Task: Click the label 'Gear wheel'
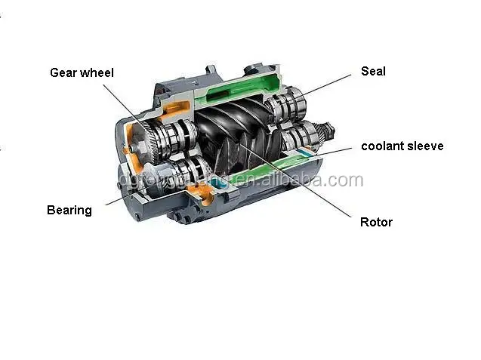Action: click(x=82, y=73)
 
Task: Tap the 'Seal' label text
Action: click(x=373, y=71)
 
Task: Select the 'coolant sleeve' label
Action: click(x=402, y=146)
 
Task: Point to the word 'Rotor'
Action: click(x=376, y=222)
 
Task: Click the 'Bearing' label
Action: click(x=69, y=210)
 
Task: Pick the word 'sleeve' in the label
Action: click(x=426, y=146)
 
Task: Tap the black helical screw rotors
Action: click(x=234, y=140)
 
